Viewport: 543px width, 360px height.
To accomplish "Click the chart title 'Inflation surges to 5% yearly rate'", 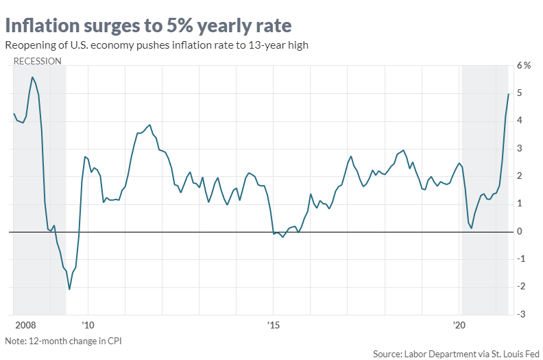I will (148, 25).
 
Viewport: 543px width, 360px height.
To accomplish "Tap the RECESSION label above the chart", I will (38, 60).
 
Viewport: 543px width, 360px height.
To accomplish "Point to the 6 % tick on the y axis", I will (524, 66).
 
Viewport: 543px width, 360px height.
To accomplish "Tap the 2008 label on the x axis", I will (25, 323).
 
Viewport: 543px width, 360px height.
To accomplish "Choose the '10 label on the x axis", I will (87, 323).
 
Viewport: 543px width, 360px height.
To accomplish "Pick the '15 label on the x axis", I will (274, 323).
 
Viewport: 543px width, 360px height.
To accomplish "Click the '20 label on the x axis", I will (459, 323).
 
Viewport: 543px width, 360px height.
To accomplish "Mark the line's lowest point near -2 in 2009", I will (69, 289).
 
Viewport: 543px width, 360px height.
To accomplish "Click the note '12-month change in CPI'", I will (63, 341).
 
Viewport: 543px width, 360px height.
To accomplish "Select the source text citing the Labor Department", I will (455, 354).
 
